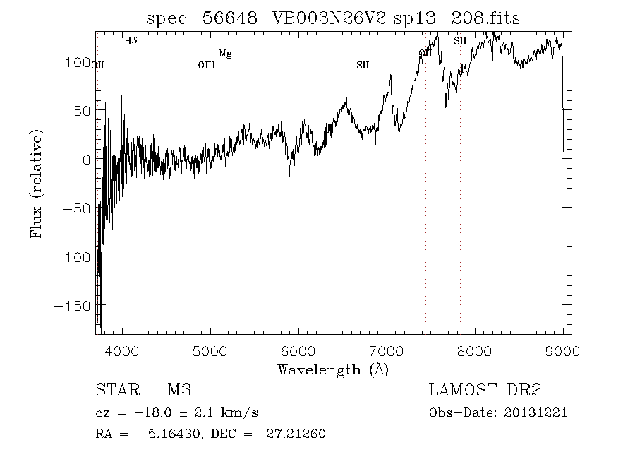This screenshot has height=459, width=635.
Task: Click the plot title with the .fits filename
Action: (332, 19)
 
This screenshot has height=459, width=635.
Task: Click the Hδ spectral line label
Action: (131, 41)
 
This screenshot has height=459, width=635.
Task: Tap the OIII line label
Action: (206, 66)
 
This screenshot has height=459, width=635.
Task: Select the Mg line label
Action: (224, 53)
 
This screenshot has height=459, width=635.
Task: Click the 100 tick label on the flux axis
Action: (74, 62)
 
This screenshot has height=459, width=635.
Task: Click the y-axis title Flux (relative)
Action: (35, 184)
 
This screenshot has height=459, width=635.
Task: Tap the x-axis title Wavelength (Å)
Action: (332, 369)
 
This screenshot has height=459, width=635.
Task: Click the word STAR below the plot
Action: (113, 391)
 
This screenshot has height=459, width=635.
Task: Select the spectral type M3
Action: (179, 391)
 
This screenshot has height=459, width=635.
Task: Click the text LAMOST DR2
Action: (485, 391)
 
